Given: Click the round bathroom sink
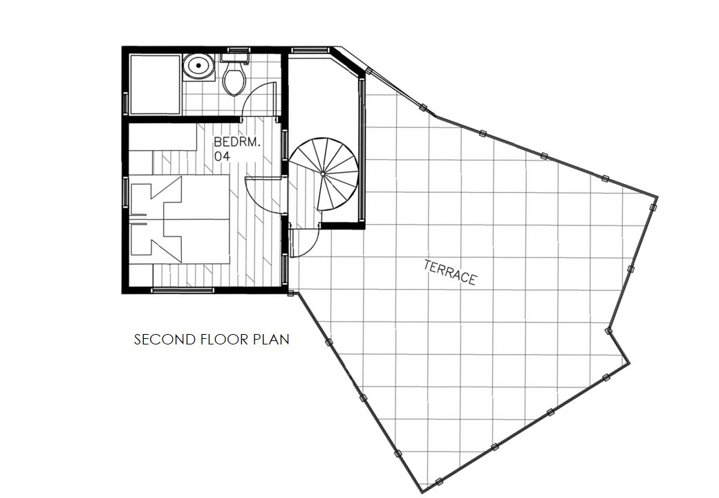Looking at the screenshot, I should coord(199,67).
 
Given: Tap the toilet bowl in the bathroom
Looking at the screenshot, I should coord(234,80).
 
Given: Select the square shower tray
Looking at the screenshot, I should coord(155,84).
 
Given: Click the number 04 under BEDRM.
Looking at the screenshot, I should coord(222,157).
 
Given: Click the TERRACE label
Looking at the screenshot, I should coord(450,272).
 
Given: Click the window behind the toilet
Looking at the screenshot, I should coord(236,50).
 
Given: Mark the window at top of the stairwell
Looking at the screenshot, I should coord(310,50).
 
